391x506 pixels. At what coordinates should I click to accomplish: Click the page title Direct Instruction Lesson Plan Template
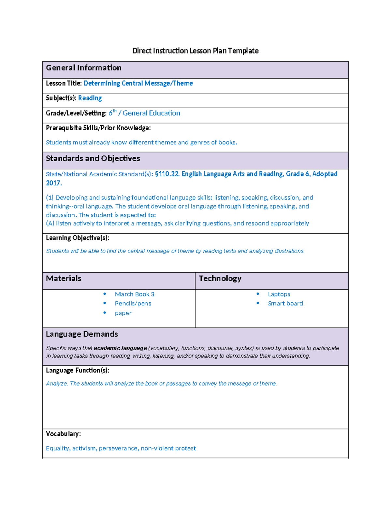pyautogui.click(x=195, y=51)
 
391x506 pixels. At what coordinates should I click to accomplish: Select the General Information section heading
pyautogui.click(x=83, y=68)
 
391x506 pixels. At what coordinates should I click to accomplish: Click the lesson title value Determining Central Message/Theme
pyautogui.click(x=138, y=83)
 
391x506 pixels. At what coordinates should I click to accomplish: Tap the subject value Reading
pyautogui.click(x=90, y=98)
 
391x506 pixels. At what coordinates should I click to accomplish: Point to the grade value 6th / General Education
pyautogui.click(x=144, y=113)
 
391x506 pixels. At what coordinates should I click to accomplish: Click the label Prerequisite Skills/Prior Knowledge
pyautogui.click(x=98, y=128)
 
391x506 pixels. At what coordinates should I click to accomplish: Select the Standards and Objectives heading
pyautogui.click(x=93, y=158)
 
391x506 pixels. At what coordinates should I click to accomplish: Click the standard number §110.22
pyautogui.click(x=167, y=174)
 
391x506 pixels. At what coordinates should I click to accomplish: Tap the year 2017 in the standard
pyautogui.click(x=53, y=183)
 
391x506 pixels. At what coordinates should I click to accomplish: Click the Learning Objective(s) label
pyautogui.click(x=78, y=238)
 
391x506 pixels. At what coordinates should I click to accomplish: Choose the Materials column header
pyautogui.click(x=64, y=279)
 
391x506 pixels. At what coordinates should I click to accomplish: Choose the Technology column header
pyautogui.click(x=220, y=279)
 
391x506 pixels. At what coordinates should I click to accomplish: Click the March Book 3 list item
pyautogui.click(x=135, y=294)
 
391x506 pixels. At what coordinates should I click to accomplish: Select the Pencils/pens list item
pyautogui.click(x=133, y=304)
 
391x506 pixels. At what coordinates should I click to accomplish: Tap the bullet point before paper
pyautogui.click(x=105, y=313)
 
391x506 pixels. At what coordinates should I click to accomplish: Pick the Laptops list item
pyautogui.click(x=279, y=294)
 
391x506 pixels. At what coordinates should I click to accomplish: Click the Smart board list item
pyautogui.click(x=285, y=304)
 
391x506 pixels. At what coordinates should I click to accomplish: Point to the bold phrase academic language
pyautogui.click(x=120, y=348)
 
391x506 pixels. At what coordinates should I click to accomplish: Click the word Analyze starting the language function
pyautogui.click(x=57, y=384)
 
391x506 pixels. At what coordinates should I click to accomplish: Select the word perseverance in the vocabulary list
pyautogui.click(x=119, y=449)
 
